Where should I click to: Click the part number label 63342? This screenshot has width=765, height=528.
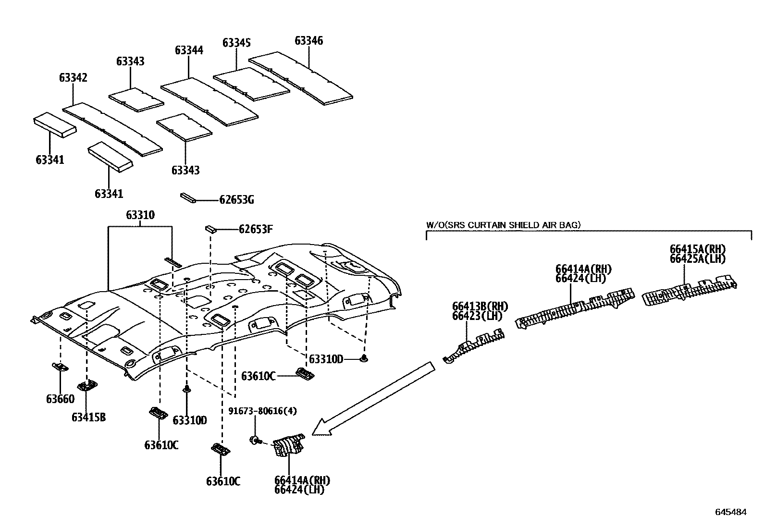(x=73, y=78)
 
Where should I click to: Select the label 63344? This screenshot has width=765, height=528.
(x=189, y=50)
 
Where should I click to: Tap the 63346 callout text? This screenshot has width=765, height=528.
(x=308, y=41)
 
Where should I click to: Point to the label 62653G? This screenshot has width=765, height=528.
(x=236, y=200)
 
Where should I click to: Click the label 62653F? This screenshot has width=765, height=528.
(x=256, y=229)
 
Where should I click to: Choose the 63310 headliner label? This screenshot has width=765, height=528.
(x=140, y=215)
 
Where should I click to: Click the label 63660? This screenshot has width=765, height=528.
(x=60, y=399)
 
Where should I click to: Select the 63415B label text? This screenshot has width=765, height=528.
(x=88, y=417)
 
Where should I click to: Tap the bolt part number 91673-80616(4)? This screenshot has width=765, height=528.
(x=262, y=411)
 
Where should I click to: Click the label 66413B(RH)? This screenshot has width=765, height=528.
(x=480, y=307)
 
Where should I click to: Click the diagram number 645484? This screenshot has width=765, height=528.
(x=730, y=512)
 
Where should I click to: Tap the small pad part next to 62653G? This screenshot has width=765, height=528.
(x=187, y=198)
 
